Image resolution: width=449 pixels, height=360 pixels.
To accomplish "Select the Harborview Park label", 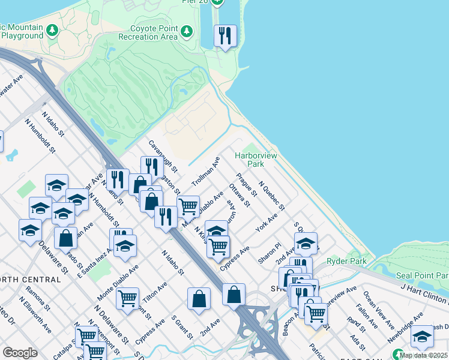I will (256, 160).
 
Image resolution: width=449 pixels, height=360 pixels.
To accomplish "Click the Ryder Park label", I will (342, 262).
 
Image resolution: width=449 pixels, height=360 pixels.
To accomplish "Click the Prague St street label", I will (247, 185).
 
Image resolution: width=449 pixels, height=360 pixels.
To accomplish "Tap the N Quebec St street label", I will (271, 196).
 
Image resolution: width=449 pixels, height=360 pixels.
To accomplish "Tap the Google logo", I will (20, 353).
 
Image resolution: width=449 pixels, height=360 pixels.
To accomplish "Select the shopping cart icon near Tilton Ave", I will (128, 298).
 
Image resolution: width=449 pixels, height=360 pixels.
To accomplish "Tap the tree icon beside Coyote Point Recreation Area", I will (187, 31).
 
